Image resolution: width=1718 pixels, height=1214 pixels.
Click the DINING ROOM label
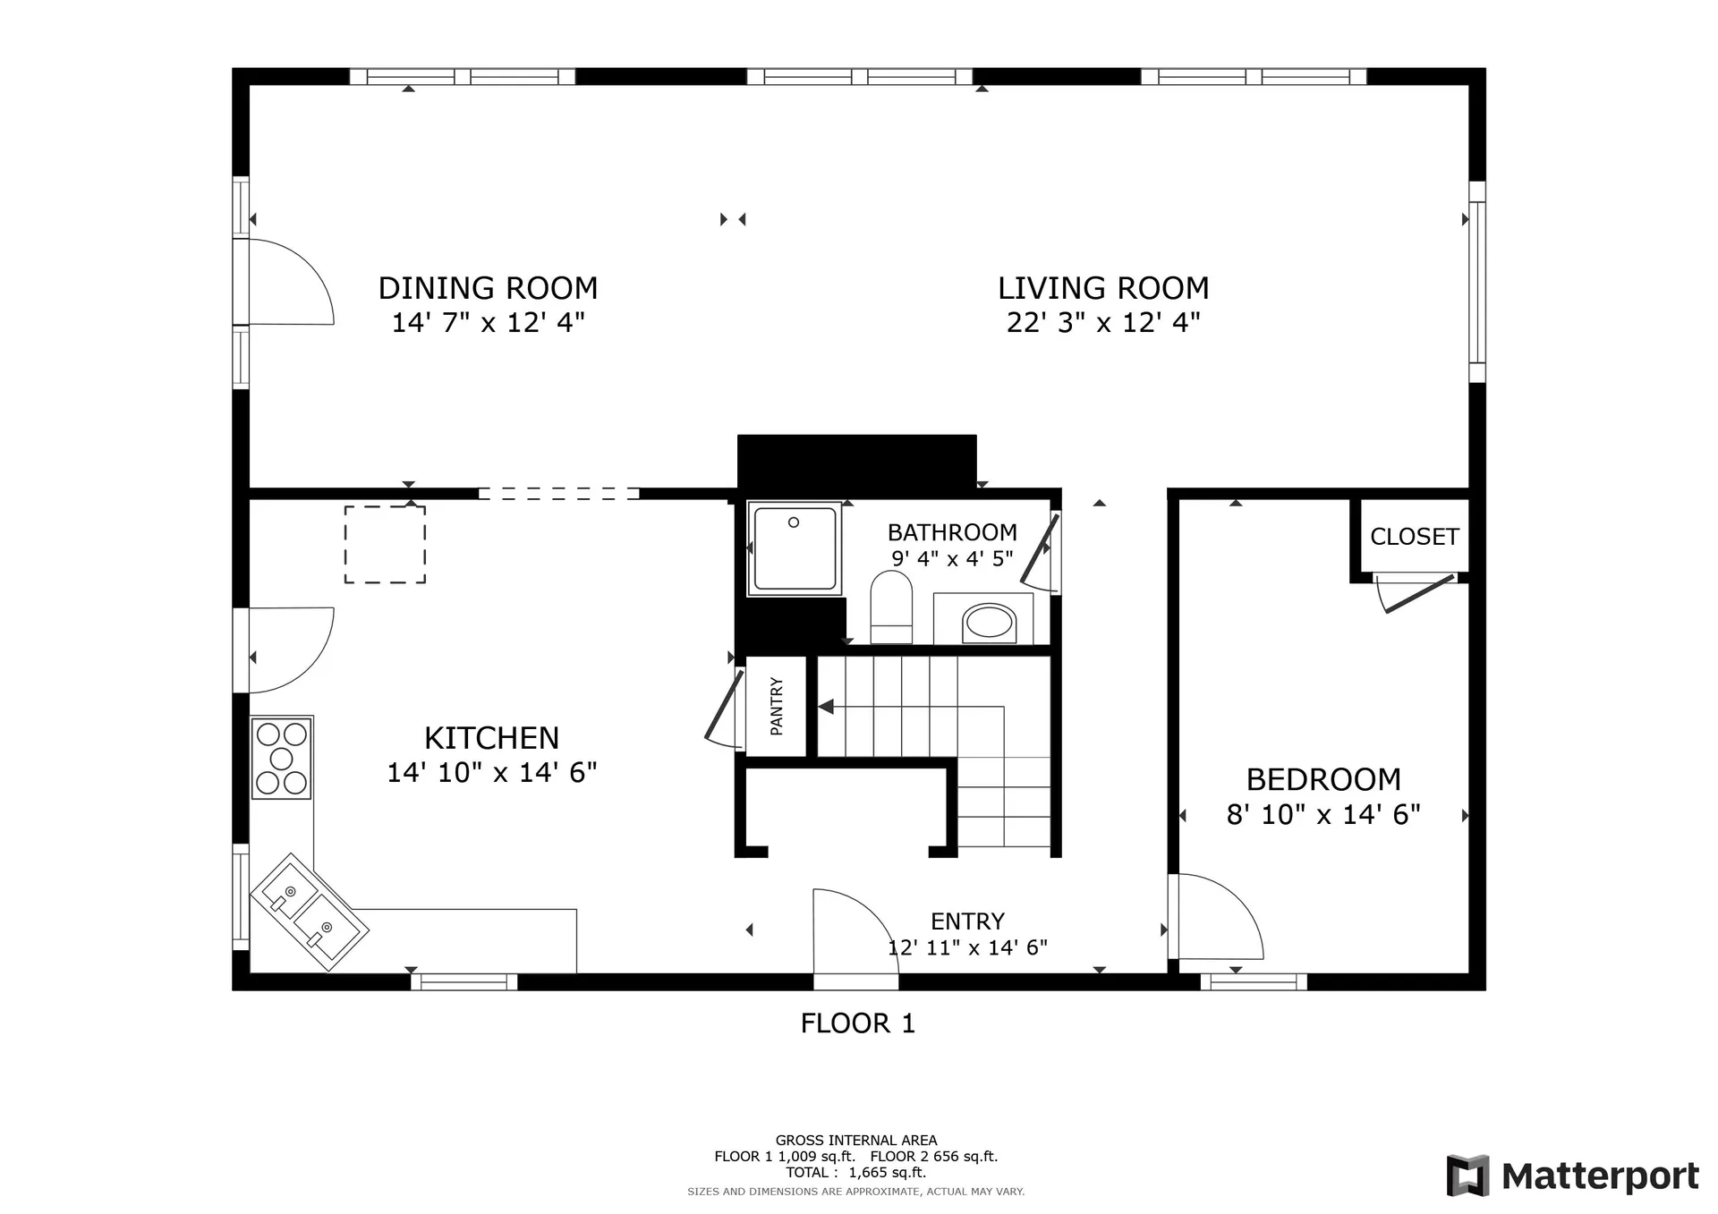click(x=488, y=288)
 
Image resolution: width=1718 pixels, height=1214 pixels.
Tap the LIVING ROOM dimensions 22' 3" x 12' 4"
click(x=1103, y=322)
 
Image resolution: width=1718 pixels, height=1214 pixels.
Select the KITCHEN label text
click(x=491, y=738)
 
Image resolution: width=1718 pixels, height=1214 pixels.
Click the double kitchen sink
click(x=310, y=912)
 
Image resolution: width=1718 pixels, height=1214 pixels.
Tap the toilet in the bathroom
click(x=891, y=607)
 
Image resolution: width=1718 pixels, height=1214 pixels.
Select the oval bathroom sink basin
click(x=989, y=622)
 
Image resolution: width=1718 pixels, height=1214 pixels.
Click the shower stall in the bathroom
click(x=795, y=548)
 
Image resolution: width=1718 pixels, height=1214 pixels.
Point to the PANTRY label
click(x=777, y=707)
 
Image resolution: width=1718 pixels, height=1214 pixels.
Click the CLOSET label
click(x=1415, y=537)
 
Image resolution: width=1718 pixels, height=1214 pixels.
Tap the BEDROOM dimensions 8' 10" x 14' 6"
click(x=1323, y=815)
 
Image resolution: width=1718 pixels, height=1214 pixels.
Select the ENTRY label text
click(x=967, y=921)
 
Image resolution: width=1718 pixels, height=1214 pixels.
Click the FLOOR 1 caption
click(x=858, y=1023)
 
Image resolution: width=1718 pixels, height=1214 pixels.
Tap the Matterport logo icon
click(x=1468, y=1176)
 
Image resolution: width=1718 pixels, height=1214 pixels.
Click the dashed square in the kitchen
click(x=385, y=545)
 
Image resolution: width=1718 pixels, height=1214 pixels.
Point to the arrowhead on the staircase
click(x=826, y=707)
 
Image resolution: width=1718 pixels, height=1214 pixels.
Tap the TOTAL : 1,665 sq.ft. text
click(x=856, y=1172)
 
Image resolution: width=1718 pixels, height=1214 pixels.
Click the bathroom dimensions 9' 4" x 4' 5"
click(x=952, y=559)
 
